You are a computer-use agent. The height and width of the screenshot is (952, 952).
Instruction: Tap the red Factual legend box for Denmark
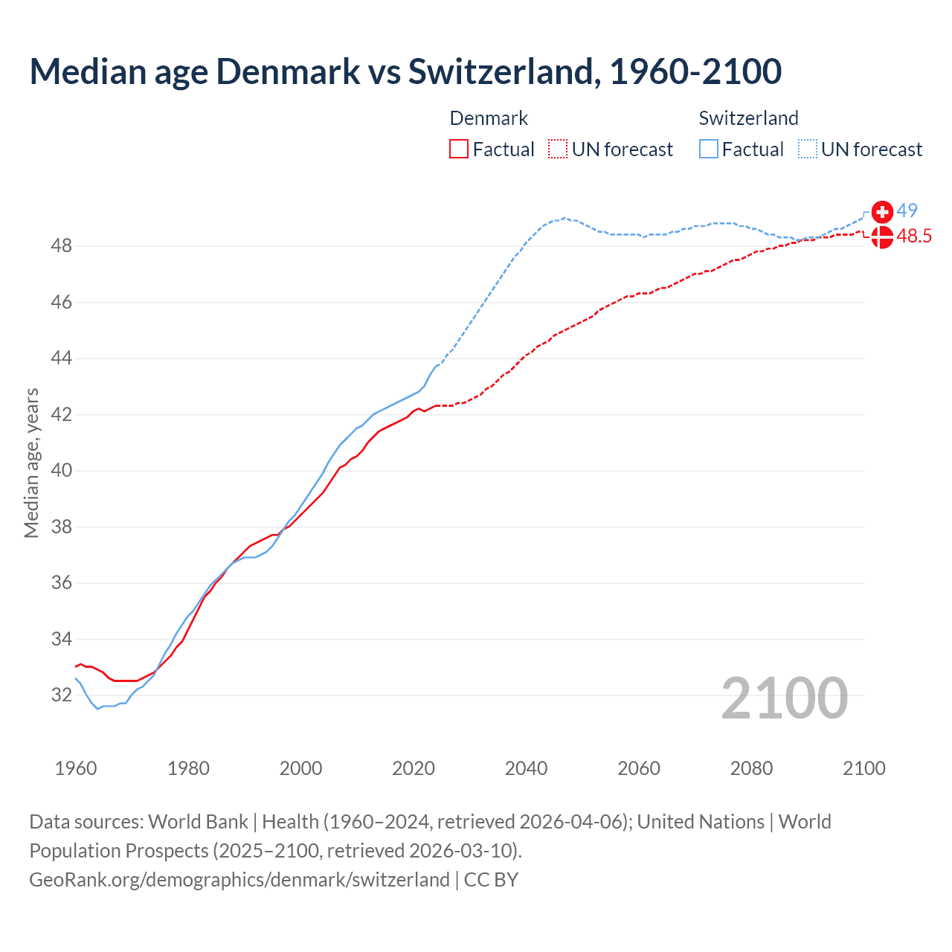[459, 149]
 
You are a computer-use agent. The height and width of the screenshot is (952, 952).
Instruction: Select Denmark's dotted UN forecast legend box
[558, 149]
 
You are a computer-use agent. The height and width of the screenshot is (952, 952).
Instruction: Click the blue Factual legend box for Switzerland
[709, 149]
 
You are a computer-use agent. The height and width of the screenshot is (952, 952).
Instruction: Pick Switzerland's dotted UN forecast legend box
[808, 149]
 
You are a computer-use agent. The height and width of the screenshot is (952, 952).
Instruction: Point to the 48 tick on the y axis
[62, 245]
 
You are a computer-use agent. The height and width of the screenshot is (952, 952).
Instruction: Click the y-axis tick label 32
[62, 695]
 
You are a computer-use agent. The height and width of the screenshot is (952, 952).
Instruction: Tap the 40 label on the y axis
[62, 471]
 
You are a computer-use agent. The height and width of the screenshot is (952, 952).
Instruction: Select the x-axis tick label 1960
[76, 768]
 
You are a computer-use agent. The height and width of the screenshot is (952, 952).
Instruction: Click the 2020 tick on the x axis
[414, 768]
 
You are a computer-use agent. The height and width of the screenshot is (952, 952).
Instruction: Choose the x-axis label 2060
[639, 768]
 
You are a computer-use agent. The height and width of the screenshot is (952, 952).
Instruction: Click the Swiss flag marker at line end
[882, 212]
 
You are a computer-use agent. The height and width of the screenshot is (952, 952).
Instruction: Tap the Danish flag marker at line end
[882, 237]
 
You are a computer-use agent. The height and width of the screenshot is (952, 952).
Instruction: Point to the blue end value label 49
[907, 211]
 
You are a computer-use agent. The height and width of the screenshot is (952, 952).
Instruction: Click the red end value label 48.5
[914, 237]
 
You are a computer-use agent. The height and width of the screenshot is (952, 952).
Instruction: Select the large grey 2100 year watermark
[784, 698]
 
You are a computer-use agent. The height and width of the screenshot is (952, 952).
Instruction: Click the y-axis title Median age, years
[31, 463]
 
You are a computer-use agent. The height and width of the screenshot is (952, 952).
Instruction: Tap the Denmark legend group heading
[489, 118]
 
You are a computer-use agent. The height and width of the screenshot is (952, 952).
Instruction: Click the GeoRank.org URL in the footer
[239, 880]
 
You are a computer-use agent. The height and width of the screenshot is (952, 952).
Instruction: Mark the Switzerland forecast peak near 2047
[565, 218]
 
